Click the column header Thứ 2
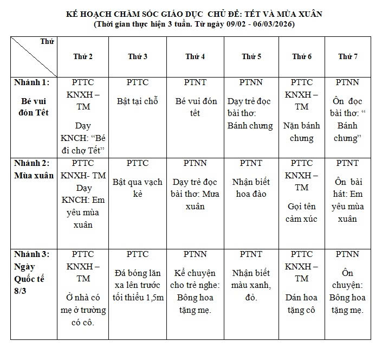83,56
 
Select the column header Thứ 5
251,56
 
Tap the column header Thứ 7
347,56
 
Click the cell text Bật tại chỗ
137,101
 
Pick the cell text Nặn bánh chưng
301,132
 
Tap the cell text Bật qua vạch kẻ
137,188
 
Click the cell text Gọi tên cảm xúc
301,213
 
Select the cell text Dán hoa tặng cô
301,304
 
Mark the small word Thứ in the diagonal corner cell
47,42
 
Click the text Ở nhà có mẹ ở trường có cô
83,310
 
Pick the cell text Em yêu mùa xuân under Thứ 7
347,206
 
